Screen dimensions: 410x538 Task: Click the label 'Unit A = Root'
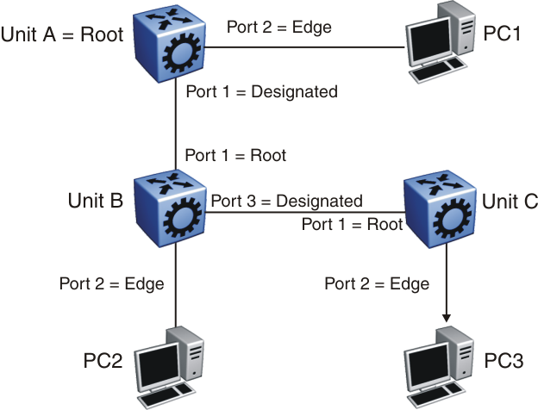(x=62, y=35)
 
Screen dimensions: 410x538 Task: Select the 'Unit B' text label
(x=95, y=201)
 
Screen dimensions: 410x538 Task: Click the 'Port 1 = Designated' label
(x=260, y=90)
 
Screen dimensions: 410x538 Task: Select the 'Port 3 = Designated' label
(x=287, y=202)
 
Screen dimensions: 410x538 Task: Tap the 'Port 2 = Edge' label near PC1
(x=278, y=26)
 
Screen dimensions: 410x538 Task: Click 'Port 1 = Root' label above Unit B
(x=235, y=156)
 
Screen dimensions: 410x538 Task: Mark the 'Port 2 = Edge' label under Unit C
(x=377, y=283)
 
